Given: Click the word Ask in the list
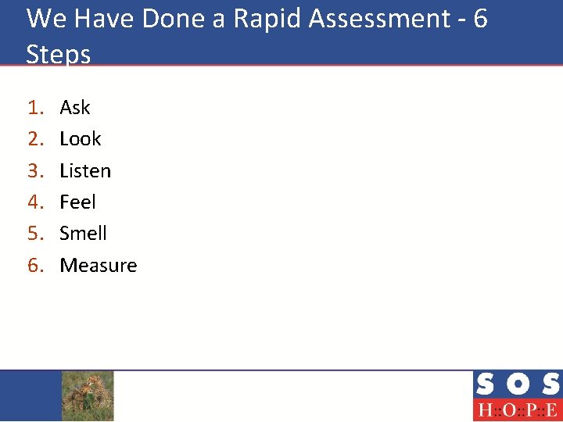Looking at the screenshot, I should pyautogui.click(x=75, y=107).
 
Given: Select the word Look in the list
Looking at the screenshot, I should pyautogui.click(x=81, y=139).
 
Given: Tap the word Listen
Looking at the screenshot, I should pyautogui.click(x=85, y=170).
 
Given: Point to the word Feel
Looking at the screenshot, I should pyautogui.click(x=77, y=202).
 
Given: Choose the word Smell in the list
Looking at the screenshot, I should pyautogui.click(x=83, y=234).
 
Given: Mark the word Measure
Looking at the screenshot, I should pyautogui.click(x=99, y=266).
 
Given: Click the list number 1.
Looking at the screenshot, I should pyautogui.click(x=34, y=107).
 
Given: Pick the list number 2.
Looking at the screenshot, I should pyautogui.click(x=34, y=139).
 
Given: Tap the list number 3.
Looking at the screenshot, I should pyautogui.click(x=34, y=170).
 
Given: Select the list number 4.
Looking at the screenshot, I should pyautogui.click(x=34, y=202).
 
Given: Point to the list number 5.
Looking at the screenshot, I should pyautogui.click(x=34, y=234).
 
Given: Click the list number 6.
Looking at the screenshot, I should pyautogui.click(x=34, y=266).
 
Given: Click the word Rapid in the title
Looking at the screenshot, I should pyautogui.click(x=267, y=20).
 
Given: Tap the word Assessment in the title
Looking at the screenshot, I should pyautogui.click(x=381, y=20).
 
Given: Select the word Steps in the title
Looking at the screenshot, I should pyautogui.click(x=58, y=55).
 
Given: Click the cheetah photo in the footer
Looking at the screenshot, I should pyautogui.click(x=88, y=395).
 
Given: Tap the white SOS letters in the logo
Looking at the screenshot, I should pyautogui.click(x=517, y=384).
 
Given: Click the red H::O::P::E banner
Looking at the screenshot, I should pyautogui.click(x=517, y=410).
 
